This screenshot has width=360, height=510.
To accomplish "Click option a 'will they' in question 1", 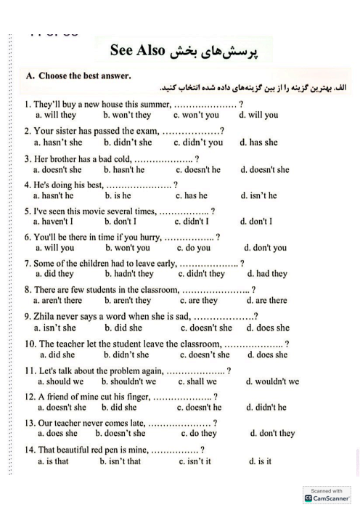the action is [x=56, y=115].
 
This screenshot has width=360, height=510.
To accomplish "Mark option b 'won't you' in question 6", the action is [x=128, y=248].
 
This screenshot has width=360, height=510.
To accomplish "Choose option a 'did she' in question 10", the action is [x=57, y=355].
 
